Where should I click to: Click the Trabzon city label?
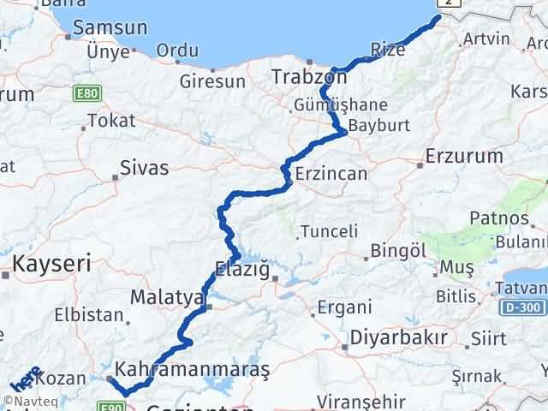308,77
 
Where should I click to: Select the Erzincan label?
331,174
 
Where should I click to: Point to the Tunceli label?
328,231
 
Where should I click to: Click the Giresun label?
212,82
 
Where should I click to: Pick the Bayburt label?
379,125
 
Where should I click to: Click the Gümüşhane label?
340,104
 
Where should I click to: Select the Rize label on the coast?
389,50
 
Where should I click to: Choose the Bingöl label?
398,251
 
